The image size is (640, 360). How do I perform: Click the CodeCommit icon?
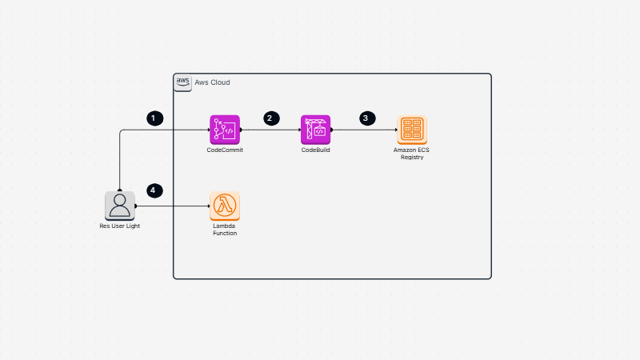(225, 130)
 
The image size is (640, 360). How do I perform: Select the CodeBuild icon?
(316, 130)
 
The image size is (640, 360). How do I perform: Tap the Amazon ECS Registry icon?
(412, 130)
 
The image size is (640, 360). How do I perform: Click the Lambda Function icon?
(225, 206)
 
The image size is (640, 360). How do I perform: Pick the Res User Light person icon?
(120, 206)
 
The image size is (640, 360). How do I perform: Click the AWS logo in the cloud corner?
(182, 82)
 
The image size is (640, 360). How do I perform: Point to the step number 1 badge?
(155, 118)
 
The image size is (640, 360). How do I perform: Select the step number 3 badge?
(366, 118)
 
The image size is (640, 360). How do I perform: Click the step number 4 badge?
(155, 190)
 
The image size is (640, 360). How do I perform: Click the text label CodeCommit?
(225, 150)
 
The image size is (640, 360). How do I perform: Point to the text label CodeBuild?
(316, 150)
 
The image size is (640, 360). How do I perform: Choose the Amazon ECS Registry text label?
(412, 154)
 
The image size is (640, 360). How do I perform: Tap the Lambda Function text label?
(225, 230)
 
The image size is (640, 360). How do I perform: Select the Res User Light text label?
(120, 226)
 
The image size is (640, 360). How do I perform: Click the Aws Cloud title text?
(213, 82)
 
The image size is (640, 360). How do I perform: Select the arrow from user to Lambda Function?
(172, 206)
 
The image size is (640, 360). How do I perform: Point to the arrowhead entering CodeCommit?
(206, 130)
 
